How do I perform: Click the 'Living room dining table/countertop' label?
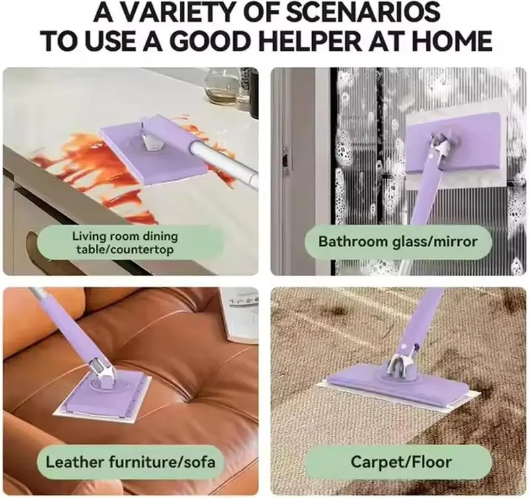(125, 243)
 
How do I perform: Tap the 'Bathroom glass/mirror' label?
(399, 241)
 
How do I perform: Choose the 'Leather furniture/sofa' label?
(130, 462)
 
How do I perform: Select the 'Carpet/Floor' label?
(401, 462)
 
